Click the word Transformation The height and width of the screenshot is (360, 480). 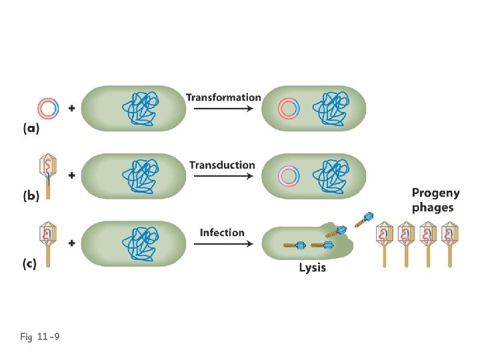click(223, 97)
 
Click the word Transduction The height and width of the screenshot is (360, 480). click(222, 165)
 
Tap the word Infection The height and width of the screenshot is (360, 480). click(222, 232)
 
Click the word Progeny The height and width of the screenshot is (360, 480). click(435, 193)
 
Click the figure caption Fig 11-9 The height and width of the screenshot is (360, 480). click(39, 337)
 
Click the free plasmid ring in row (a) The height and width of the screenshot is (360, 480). click(49, 108)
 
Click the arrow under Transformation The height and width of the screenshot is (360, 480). click(223, 109)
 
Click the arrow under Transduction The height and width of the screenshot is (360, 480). click(223, 177)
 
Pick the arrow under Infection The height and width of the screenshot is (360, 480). click(223, 244)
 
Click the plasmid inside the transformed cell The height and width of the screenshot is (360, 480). click(288, 108)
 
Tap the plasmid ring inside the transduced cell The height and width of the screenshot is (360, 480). click(288, 175)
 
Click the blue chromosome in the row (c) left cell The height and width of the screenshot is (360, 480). click(142, 243)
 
